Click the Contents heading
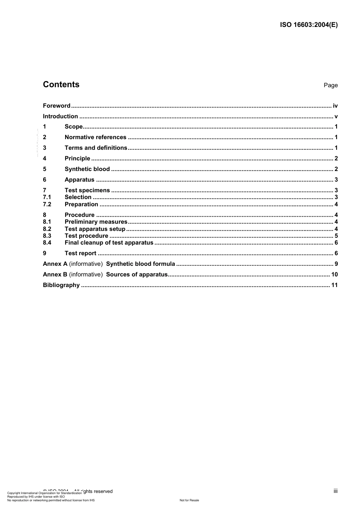[x=61, y=85]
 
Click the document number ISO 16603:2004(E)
[x=308, y=25]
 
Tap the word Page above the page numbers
[x=330, y=85]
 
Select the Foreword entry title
[x=56, y=106]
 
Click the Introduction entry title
[x=60, y=116]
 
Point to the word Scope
[x=74, y=127]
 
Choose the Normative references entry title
[x=95, y=137]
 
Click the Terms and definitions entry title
[x=96, y=148]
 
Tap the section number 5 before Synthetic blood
[x=45, y=169]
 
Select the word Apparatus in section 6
[x=80, y=180]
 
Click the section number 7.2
[x=47, y=204]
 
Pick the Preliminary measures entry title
[x=96, y=222]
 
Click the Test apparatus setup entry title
[x=95, y=229]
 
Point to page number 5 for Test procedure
[x=336, y=236]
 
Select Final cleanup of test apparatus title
[x=109, y=243]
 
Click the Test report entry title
[x=80, y=253]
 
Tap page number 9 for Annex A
[x=336, y=264]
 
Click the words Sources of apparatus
[x=137, y=275]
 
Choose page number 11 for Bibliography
[x=334, y=285]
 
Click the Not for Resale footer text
[x=189, y=500]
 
